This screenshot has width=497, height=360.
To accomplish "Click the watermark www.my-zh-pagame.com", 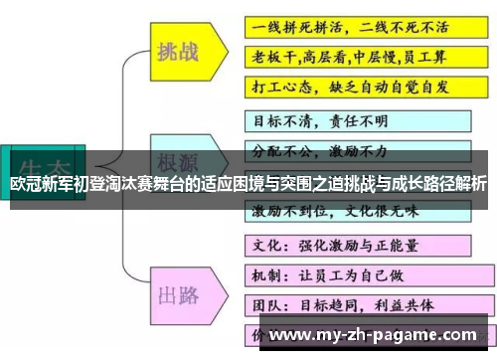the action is (372, 334).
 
